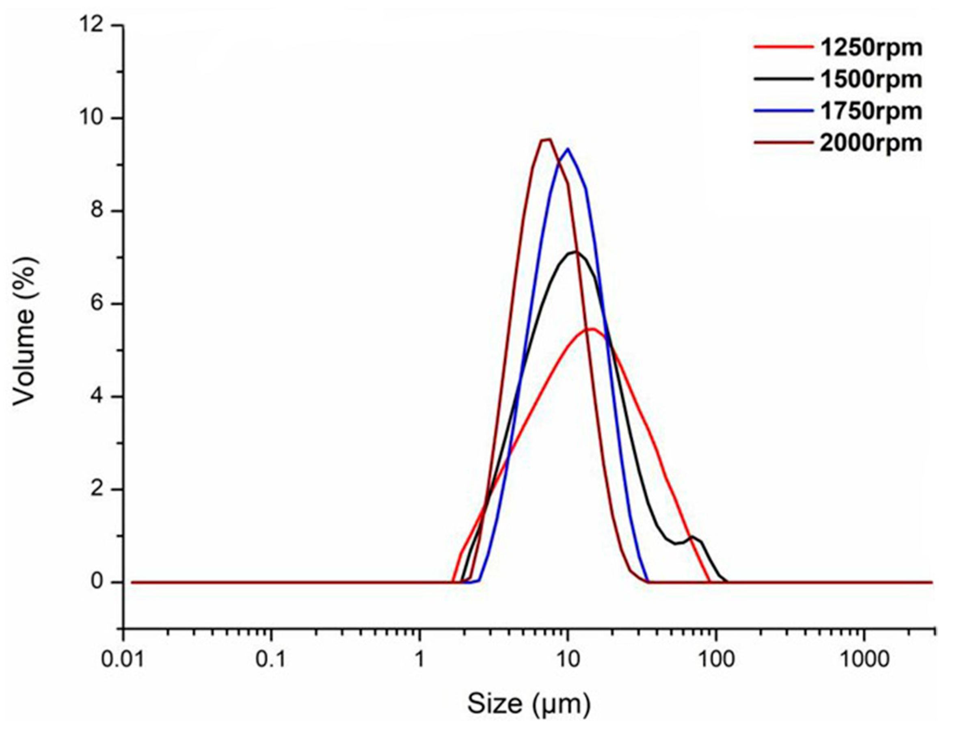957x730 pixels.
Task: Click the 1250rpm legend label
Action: click(871, 48)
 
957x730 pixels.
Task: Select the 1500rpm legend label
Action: click(871, 79)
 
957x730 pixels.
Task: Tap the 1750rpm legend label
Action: click(871, 111)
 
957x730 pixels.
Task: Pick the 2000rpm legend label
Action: click(871, 143)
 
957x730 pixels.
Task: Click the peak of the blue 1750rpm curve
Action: click(567, 149)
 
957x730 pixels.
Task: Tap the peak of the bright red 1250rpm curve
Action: click(592, 329)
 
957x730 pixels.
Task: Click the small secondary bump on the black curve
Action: click(692, 537)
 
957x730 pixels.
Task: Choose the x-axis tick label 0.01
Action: click(123, 660)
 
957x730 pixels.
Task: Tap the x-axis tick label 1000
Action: click(863, 660)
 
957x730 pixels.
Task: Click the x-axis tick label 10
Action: click(567, 660)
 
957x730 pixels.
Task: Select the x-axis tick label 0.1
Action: click(271, 660)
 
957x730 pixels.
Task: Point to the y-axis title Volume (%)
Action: click(25, 330)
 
